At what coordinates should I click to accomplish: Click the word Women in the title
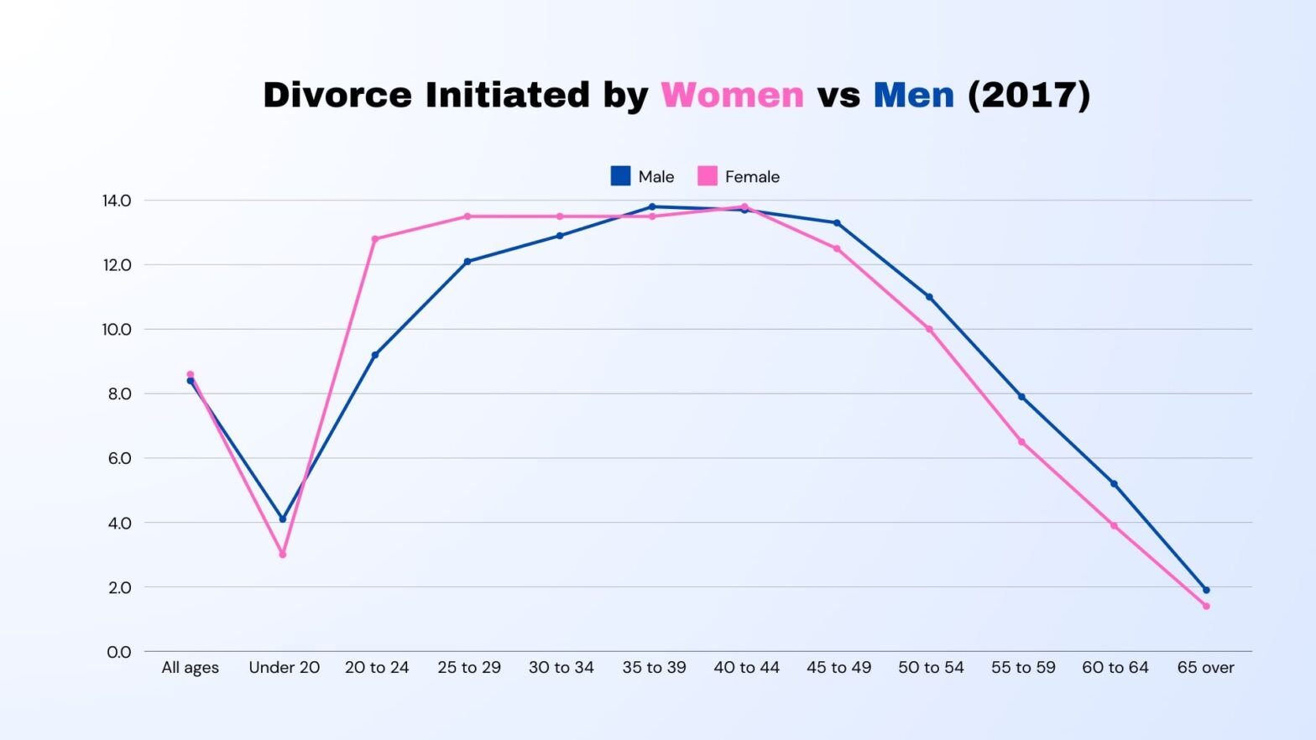pyautogui.click(x=732, y=95)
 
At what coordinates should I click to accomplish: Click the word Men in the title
pyautogui.click(x=913, y=95)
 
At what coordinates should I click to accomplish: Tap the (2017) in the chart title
pyautogui.click(x=1029, y=95)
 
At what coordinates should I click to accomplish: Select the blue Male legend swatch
pyautogui.click(x=620, y=176)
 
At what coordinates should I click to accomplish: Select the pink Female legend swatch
pyautogui.click(x=708, y=176)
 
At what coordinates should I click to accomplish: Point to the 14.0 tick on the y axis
pyautogui.click(x=117, y=201)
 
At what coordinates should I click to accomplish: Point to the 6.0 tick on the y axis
pyautogui.click(x=119, y=458)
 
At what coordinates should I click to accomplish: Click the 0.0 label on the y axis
pyautogui.click(x=119, y=652)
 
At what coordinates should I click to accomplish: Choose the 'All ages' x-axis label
pyautogui.click(x=190, y=668)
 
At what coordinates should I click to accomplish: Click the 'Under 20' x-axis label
pyautogui.click(x=284, y=668)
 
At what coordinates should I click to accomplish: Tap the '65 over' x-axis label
pyautogui.click(x=1205, y=668)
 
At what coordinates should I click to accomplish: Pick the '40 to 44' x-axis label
pyautogui.click(x=746, y=668)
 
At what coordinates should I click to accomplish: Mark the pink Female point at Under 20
pyautogui.click(x=283, y=555)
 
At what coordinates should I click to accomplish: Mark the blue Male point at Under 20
pyautogui.click(x=283, y=519)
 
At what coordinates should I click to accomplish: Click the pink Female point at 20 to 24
pyautogui.click(x=375, y=239)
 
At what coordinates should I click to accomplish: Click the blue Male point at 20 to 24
pyautogui.click(x=375, y=355)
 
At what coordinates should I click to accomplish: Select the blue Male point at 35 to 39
pyautogui.click(x=652, y=206)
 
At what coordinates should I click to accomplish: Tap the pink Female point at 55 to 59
pyautogui.click(x=1021, y=442)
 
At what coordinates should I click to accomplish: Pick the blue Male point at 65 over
pyautogui.click(x=1206, y=590)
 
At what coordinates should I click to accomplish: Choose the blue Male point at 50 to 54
pyautogui.click(x=929, y=297)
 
